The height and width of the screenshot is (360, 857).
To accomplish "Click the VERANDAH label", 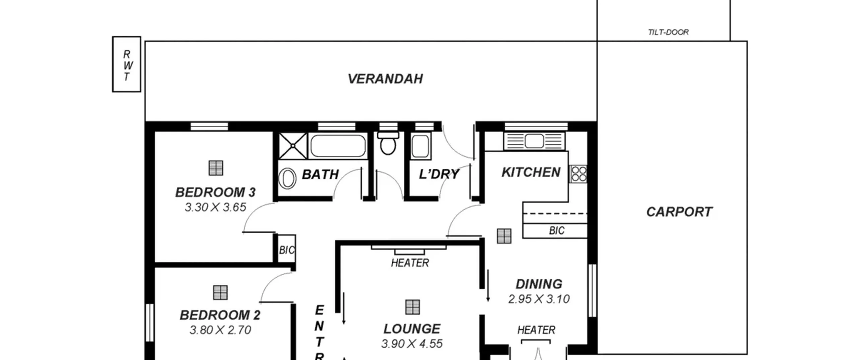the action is pos(385,79).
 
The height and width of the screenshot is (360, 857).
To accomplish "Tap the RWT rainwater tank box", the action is pos(127,64).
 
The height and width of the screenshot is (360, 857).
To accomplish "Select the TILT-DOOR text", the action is pos(668,32).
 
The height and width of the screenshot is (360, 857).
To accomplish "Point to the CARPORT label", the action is pos(679,212).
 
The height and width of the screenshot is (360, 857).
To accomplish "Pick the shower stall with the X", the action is pos(293,146).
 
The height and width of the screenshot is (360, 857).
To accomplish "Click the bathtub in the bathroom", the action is pos(338,146).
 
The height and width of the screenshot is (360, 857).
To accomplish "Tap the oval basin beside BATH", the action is pos(288,179).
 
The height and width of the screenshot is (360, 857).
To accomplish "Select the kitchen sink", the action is pos(534,141).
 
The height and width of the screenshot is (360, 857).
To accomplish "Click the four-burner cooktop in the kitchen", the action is pos(578,174).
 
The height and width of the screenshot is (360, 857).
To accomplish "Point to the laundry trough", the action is pos(420,146).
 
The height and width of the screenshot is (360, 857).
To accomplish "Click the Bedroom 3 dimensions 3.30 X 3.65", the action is pos(215,207).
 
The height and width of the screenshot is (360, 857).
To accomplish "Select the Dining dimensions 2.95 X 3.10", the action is pos(539,299).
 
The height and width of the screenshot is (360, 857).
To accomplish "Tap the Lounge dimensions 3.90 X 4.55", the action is pos(412,344).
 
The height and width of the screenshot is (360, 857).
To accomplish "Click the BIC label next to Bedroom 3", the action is pos(287,250).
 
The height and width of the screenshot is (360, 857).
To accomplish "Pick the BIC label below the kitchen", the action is pos(557,231).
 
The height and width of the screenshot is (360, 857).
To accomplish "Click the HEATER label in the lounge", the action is pos(410,263).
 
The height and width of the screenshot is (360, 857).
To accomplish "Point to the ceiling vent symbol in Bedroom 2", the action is pos(220,293).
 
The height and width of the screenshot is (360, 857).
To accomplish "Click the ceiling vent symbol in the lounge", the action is pos(412,307).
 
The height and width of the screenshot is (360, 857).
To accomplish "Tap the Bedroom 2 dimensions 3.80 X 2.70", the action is pos(220,330).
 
